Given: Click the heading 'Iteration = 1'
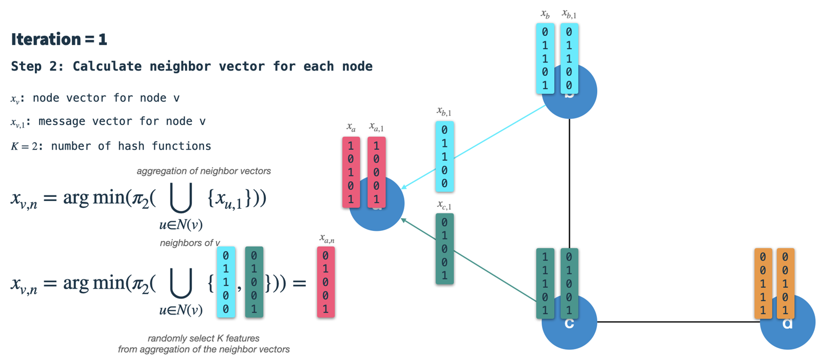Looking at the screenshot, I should pos(59,39).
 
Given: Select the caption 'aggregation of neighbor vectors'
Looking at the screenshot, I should pos(204,171).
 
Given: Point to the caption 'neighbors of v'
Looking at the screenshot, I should pos(190,243).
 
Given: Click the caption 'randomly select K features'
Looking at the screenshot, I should pos(203,338).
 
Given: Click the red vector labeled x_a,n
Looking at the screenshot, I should pos(326,282).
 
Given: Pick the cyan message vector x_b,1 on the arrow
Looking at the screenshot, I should pos(444,156).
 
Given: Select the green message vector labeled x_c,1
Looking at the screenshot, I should pos(444,249).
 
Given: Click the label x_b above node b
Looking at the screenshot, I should pos(545,14).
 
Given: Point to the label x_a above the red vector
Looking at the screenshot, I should pos(351,127).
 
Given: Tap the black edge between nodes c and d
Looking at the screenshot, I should pos(677,322).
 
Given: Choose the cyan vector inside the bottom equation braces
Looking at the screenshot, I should pos(226,282).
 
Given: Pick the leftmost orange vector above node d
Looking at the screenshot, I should pos(763,283).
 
